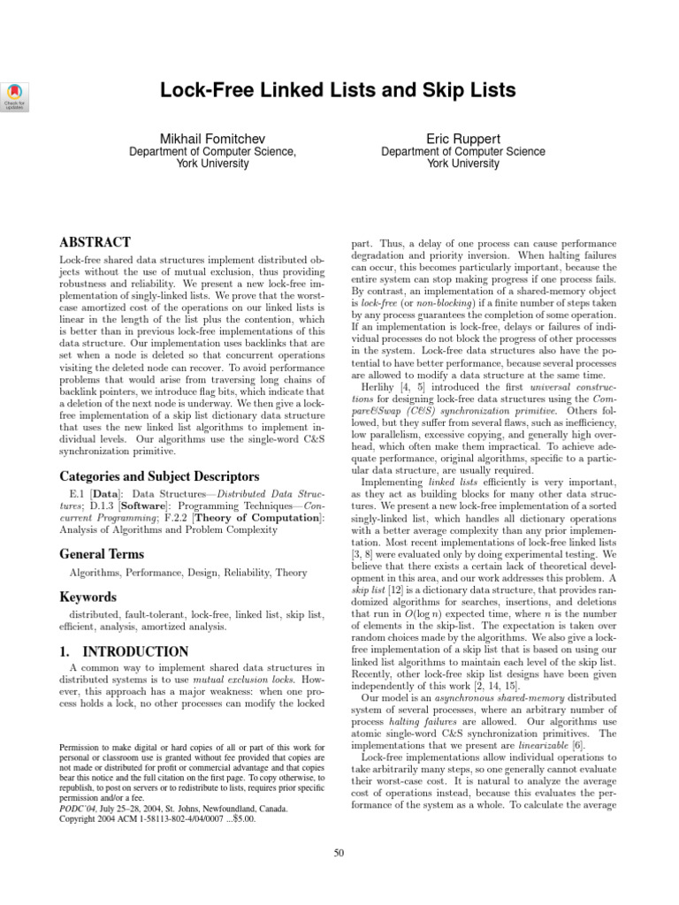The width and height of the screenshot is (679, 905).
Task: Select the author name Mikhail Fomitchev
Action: coord(212,139)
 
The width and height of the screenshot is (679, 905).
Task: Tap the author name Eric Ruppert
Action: coord(462,139)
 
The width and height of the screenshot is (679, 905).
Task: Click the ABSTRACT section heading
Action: coord(95,242)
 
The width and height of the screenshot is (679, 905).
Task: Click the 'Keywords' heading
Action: coord(88,597)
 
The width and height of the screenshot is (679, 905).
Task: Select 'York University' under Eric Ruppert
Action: coord(462,164)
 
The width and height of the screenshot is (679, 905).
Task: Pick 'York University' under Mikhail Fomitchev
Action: coord(212,164)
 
